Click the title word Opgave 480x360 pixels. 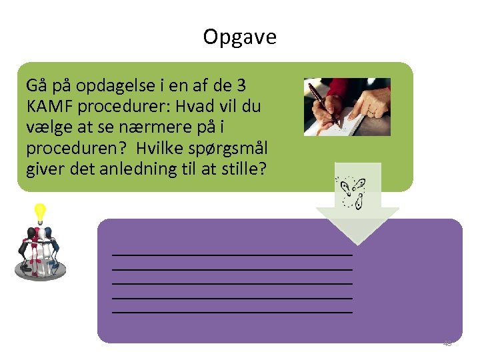239,37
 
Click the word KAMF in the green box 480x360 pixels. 49,107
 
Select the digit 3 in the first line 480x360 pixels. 241,86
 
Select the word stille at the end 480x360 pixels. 245,169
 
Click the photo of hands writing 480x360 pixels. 347,107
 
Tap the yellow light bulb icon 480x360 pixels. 39,213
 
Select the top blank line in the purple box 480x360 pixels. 232,255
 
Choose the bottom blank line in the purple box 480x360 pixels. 232,311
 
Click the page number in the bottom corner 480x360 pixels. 447,343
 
